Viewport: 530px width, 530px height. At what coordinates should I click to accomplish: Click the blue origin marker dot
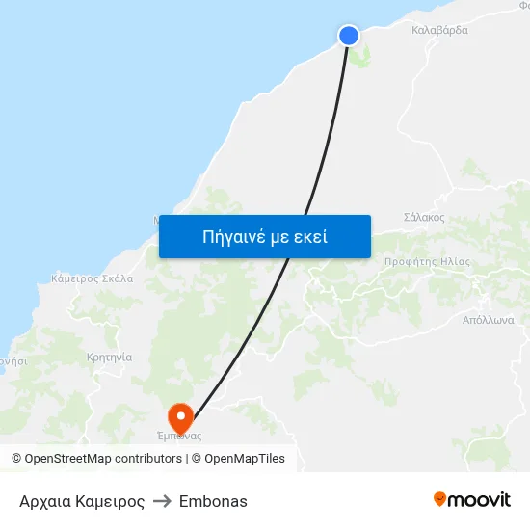349,36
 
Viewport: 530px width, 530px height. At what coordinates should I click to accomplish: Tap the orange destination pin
180,416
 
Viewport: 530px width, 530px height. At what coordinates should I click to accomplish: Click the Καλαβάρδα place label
439,30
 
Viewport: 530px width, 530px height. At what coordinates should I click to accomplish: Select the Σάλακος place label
424,217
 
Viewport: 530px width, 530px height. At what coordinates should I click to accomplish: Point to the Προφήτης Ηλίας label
427,261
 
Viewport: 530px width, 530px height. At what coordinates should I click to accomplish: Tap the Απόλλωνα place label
489,319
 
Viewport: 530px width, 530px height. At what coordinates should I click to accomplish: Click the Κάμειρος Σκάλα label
92,278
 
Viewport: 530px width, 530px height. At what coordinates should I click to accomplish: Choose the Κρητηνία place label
109,357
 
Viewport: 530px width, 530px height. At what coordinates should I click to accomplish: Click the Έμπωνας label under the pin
179,436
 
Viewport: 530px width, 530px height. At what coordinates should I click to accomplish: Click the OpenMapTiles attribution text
245,459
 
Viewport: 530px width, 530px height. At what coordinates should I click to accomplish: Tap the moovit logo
472,500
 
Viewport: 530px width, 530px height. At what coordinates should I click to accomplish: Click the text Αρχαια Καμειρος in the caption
82,501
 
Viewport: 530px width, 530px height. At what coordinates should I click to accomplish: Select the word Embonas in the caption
213,501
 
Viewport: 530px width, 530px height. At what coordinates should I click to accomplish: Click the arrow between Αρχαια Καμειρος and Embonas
162,501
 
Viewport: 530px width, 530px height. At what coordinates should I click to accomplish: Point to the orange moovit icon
440,499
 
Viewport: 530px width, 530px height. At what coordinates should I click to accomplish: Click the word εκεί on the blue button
307,236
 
